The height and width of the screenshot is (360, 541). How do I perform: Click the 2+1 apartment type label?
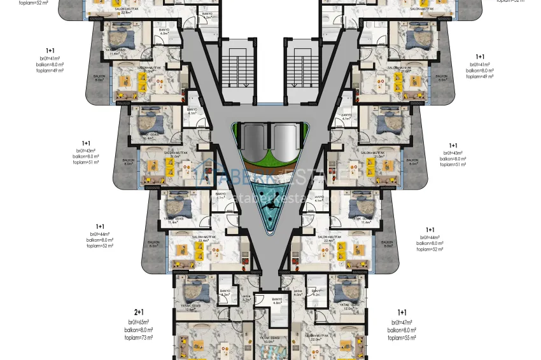[x=139, y=312]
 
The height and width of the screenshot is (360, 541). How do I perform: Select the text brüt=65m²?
[x=139, y=322]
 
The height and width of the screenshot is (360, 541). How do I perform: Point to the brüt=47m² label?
[x=402, y=322]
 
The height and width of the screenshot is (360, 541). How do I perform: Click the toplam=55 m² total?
[x=402, y=338]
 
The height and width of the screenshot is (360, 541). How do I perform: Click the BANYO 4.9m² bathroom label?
[x=276, y=301]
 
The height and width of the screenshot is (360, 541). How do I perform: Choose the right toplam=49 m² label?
[x=481, y=76]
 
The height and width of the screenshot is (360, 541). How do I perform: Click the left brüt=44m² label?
[x=101, y=234]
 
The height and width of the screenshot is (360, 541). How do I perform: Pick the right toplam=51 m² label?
[x=453, y=163]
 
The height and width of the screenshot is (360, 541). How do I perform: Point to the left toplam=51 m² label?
[x=86, y=162]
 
